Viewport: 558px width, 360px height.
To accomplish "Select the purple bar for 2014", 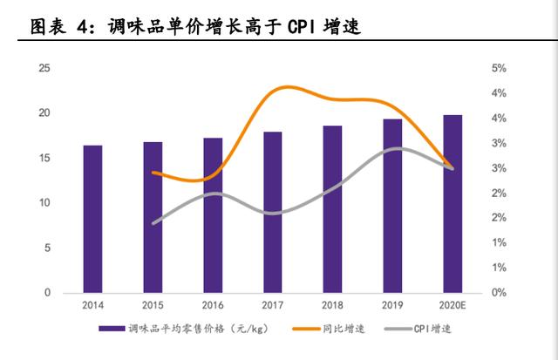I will coord(92,218).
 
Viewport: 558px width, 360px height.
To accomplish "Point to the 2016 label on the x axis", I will coord(213,305).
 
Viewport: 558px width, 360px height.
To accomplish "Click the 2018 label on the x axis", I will coord(333,305).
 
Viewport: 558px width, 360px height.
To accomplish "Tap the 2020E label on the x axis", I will coord(453,305).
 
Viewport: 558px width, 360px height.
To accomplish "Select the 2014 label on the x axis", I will coord(92,305).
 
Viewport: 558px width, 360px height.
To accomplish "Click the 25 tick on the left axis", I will coord(44,68).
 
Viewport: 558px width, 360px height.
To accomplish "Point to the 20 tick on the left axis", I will coord(44,113).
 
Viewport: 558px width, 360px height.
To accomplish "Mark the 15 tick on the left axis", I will coord(44,158).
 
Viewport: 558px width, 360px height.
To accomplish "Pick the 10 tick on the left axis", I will coord(44,203).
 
